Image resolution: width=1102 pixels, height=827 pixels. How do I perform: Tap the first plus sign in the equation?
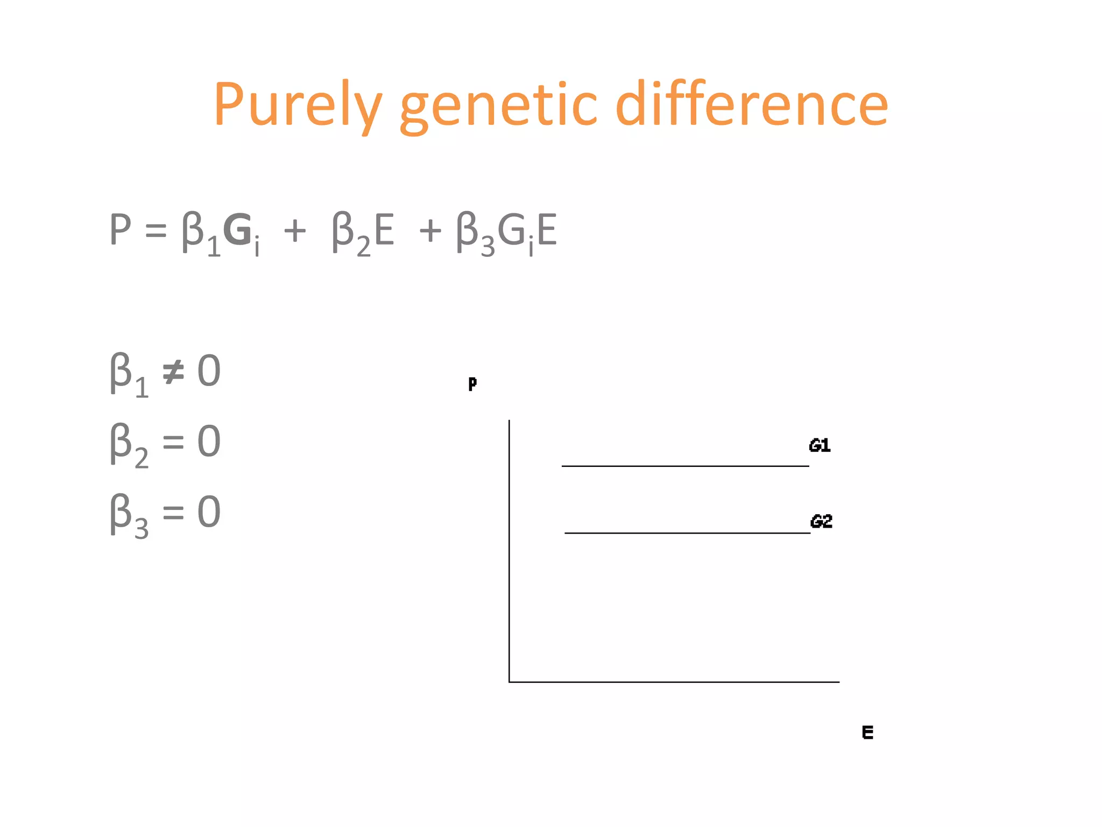tap(295, 232)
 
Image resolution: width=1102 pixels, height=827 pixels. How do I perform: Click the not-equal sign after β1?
tap(173, 372)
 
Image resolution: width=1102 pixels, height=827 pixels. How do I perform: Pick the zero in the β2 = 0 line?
tap(209, 441)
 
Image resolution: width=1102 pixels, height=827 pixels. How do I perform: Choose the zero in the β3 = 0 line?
tap(209, 511)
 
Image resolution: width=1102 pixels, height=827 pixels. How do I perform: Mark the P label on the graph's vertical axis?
tap(472, 384)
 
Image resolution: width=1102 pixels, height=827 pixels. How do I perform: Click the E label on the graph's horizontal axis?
tap(867, 732)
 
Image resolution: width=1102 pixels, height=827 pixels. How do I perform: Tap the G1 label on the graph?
tap(820, 445)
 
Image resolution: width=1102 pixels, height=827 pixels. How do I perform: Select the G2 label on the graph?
tap(821, 521)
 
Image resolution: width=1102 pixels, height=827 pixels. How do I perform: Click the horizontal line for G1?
tap(685, 466)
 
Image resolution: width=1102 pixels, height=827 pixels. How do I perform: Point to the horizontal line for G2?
tap(687, 533)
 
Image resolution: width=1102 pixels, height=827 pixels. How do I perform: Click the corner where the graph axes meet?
tap(510, 682)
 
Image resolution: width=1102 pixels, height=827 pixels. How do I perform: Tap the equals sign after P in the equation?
tap(156, 232)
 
